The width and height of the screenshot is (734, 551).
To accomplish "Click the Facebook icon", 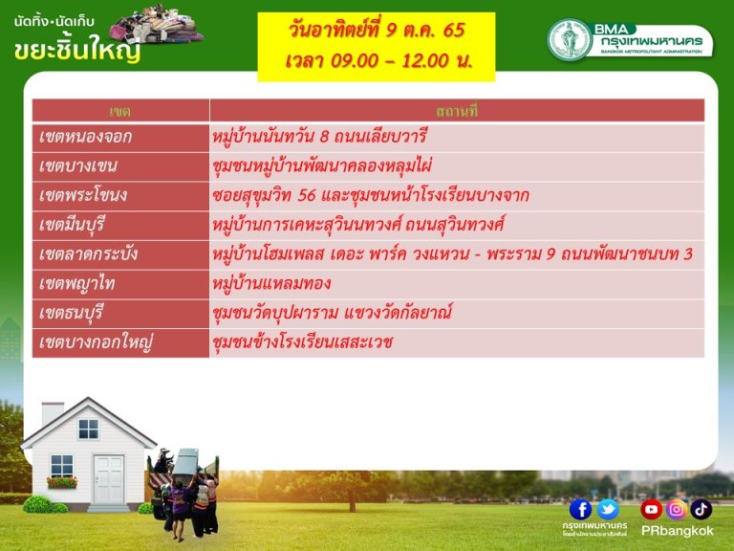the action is (x=580, y=510).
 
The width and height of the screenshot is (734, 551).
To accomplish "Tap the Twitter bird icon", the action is (x=608, y=510).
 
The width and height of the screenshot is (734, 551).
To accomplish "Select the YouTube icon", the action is (x=651, y=510).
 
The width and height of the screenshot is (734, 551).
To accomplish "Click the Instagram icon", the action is (x=677, y=510).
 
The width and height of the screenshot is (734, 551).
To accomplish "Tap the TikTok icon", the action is (x=701, y=510).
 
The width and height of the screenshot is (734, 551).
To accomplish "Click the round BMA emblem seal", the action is (x=570, y=40).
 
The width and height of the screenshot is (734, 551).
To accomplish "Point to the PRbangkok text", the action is (x=677, y=531).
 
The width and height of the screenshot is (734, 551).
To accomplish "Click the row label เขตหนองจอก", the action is (x=86, y=138).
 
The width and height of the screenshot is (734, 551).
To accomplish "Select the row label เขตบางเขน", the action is (x=78, y=166).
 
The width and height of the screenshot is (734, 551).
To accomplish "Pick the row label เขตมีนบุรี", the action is (x=72, y=225).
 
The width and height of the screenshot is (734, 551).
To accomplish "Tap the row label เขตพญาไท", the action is (x=77, y=283).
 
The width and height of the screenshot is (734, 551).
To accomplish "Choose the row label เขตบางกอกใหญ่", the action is (x=97, y=342).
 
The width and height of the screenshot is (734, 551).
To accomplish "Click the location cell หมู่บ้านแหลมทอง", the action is (x=271, y=283).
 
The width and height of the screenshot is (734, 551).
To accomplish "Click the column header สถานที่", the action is (x=457, y=112).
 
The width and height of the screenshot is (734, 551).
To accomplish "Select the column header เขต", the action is (x=119, y=112).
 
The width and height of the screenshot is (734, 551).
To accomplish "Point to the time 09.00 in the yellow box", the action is (x=355, y=60).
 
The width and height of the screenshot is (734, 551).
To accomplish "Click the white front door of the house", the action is (x=109, y=479).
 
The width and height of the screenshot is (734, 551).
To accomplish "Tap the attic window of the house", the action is (x=89, y=429).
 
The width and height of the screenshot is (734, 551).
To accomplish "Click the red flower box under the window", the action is (x=62, y=482).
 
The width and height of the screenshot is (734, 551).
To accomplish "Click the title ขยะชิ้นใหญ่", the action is (x=77, y=50).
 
